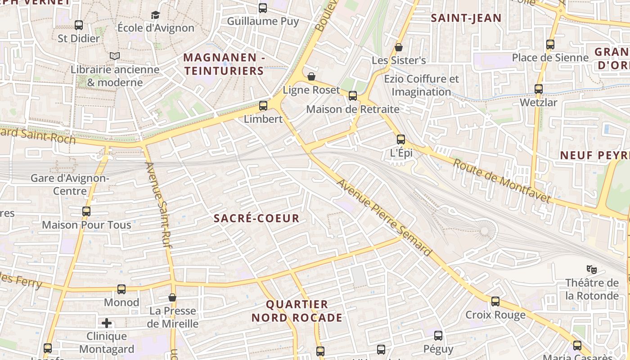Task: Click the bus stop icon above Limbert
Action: tap(263, 106)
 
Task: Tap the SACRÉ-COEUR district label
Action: tap(256, 219)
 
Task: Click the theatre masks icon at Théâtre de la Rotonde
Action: tap(592, 270)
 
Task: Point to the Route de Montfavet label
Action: tap(502, 181)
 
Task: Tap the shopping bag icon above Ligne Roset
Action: tap(311, 76)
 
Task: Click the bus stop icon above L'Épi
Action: tap(401, 139)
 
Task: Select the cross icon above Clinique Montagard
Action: tap(107, 323)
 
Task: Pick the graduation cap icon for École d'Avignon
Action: tap(156, 15)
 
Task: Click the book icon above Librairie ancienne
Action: tap(115, 56)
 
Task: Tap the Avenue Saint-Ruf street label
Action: tap(157, 205)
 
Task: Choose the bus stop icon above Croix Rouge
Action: tap(495, 301)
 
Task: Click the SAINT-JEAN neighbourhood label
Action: tap(466, 18)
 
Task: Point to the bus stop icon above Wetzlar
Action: tap(539, 89)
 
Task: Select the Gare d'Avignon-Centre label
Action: tap(70, 184)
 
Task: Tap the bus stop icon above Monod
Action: tap(121, 289)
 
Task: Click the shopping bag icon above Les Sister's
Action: tap(398, 47)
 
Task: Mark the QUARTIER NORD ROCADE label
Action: tap(297, 311)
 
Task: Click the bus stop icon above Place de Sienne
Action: tap(550, 45)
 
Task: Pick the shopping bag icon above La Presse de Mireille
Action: tap(172, 297)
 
